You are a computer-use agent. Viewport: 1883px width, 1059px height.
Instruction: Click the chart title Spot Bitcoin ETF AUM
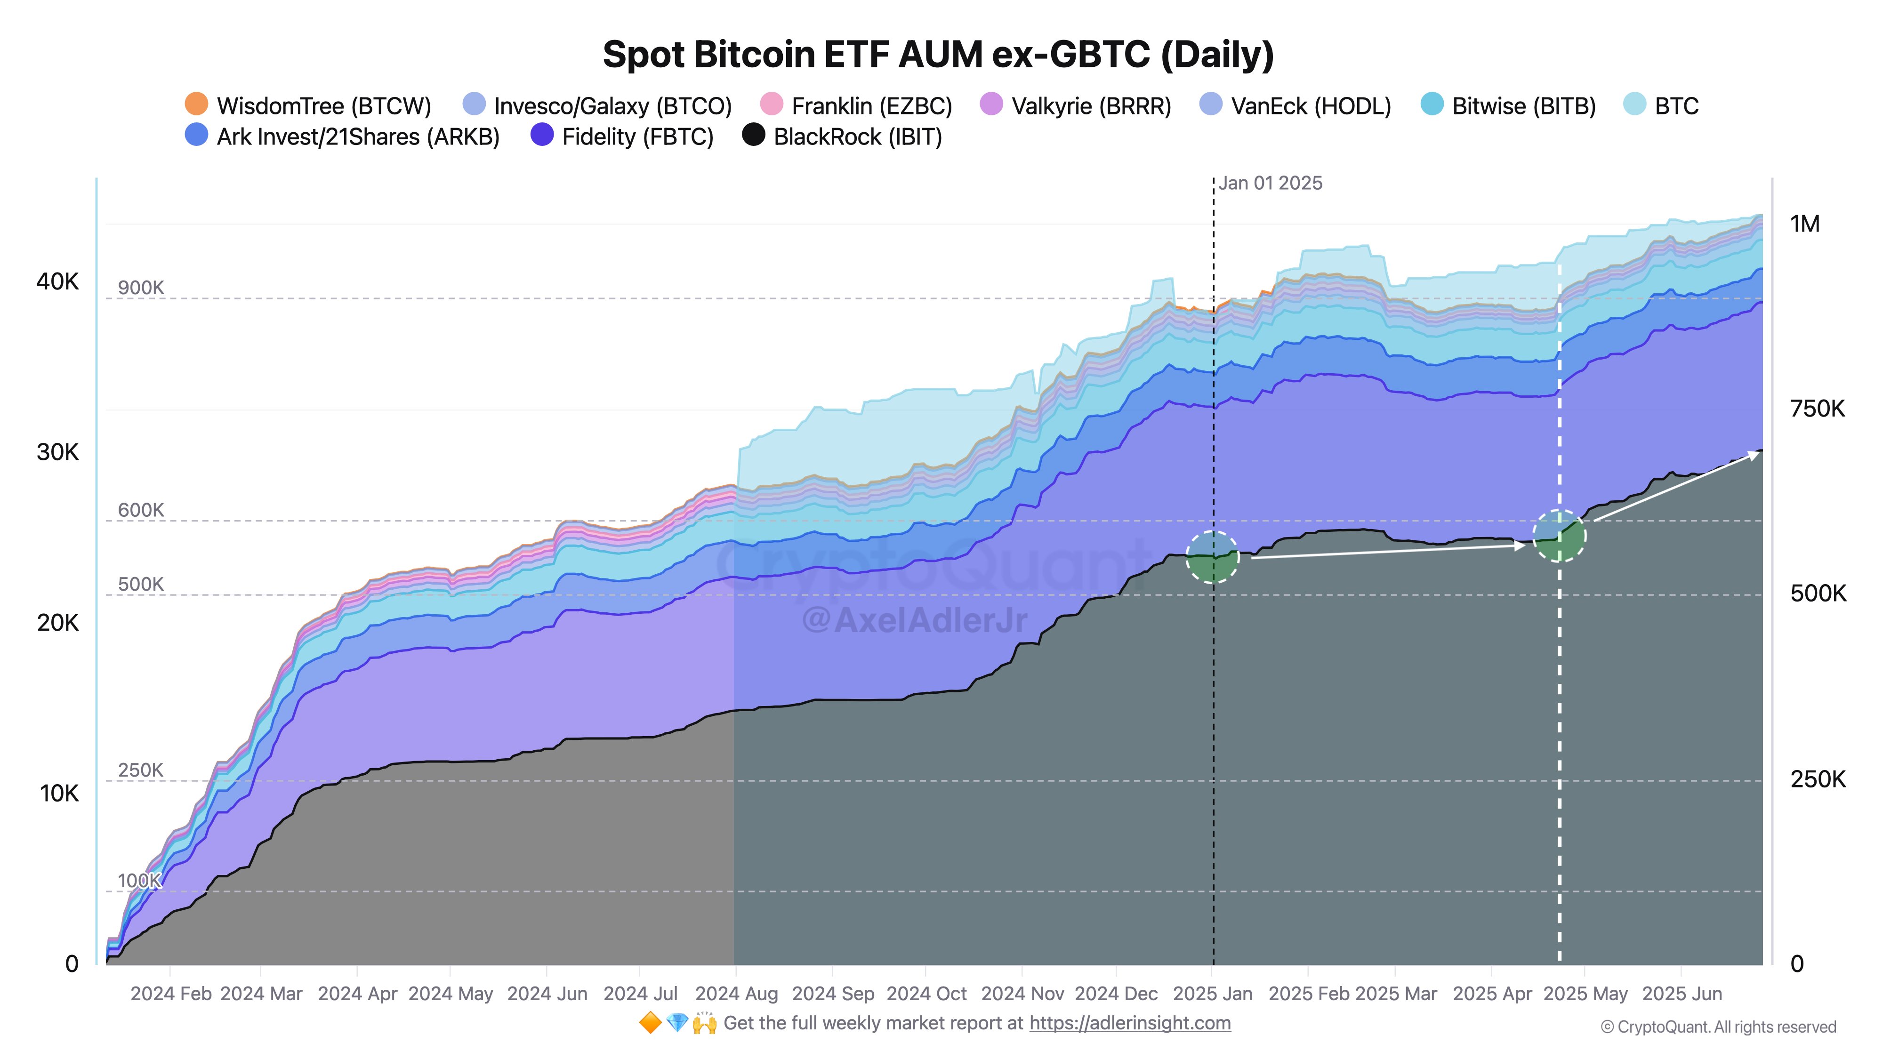pyautogui.click(x=938, y=55)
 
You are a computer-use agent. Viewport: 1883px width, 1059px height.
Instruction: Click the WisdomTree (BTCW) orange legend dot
pyautogui.click(x=196, y=104)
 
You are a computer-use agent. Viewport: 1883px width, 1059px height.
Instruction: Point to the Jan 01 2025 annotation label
pyautogui.click(x=1270, y=184)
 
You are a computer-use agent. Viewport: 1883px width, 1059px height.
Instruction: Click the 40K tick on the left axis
pyautogui.click(x=57, y=281)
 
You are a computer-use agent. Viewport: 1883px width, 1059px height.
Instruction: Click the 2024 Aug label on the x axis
pyautogui.click(x=736, y=994)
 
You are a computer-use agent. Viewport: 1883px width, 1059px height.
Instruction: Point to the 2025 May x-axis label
pyautogui.click(x=1585, y=994)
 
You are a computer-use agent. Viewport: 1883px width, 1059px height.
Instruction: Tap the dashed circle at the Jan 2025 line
pyautogui.click(x=1213, y=557)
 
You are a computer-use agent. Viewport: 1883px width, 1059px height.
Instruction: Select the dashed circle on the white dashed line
pyautogui.click(x=1559, y=536)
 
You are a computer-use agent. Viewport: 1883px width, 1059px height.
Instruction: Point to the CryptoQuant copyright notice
pyautogui.click(x=1717, y=1027)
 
